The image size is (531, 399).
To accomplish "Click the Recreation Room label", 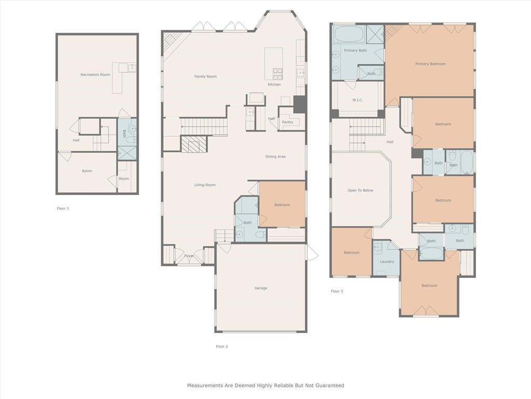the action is coord(95,75).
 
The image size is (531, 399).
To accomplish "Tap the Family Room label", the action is coord(205,76).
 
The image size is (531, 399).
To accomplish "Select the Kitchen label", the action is coord(274,85).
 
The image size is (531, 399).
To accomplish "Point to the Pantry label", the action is coord(287,122).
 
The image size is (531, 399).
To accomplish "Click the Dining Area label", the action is coord(275,156).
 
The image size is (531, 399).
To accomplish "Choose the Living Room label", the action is coord(205,185).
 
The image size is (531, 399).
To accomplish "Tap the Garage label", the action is coord(261,288).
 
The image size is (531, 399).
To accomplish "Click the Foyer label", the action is coord(189,256).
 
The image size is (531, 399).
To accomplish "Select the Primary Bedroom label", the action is coord(430,64).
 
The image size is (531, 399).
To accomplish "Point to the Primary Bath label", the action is coord(355,50).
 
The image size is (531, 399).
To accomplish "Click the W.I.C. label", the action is coord(358,100).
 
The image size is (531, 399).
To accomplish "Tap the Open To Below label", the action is coord(360,190).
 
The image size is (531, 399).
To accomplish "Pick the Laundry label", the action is coord(387,262).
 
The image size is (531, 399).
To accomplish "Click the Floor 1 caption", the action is coord(63,208).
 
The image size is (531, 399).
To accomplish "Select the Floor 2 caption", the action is coord(222,347).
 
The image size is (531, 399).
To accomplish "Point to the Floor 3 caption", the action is coord(337,291).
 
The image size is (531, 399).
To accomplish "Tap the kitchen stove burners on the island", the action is coord(277,72).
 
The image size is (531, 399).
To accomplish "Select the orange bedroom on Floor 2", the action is coord(282,204).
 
